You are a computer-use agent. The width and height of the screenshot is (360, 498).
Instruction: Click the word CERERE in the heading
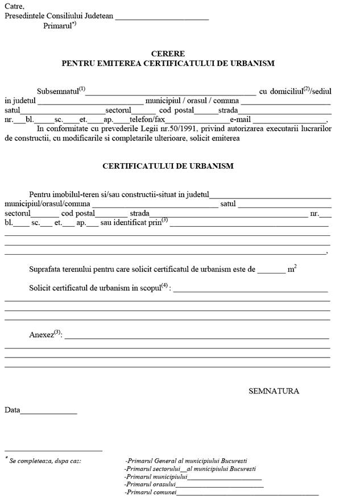coord(168,54)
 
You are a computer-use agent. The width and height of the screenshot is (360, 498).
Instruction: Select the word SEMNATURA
coord(274,391)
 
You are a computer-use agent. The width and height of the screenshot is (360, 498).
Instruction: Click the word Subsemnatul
coord(57,91)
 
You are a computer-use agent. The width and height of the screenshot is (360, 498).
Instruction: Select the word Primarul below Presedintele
coord(57,26)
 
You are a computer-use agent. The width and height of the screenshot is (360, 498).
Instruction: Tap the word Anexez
coord(41,335)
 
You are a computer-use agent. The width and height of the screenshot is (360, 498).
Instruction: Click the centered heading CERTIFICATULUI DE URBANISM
coord(168,166)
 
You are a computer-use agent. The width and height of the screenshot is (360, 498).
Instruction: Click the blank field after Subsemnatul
coord(171,92)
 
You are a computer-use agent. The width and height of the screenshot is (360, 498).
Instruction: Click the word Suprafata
coord(47,269)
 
